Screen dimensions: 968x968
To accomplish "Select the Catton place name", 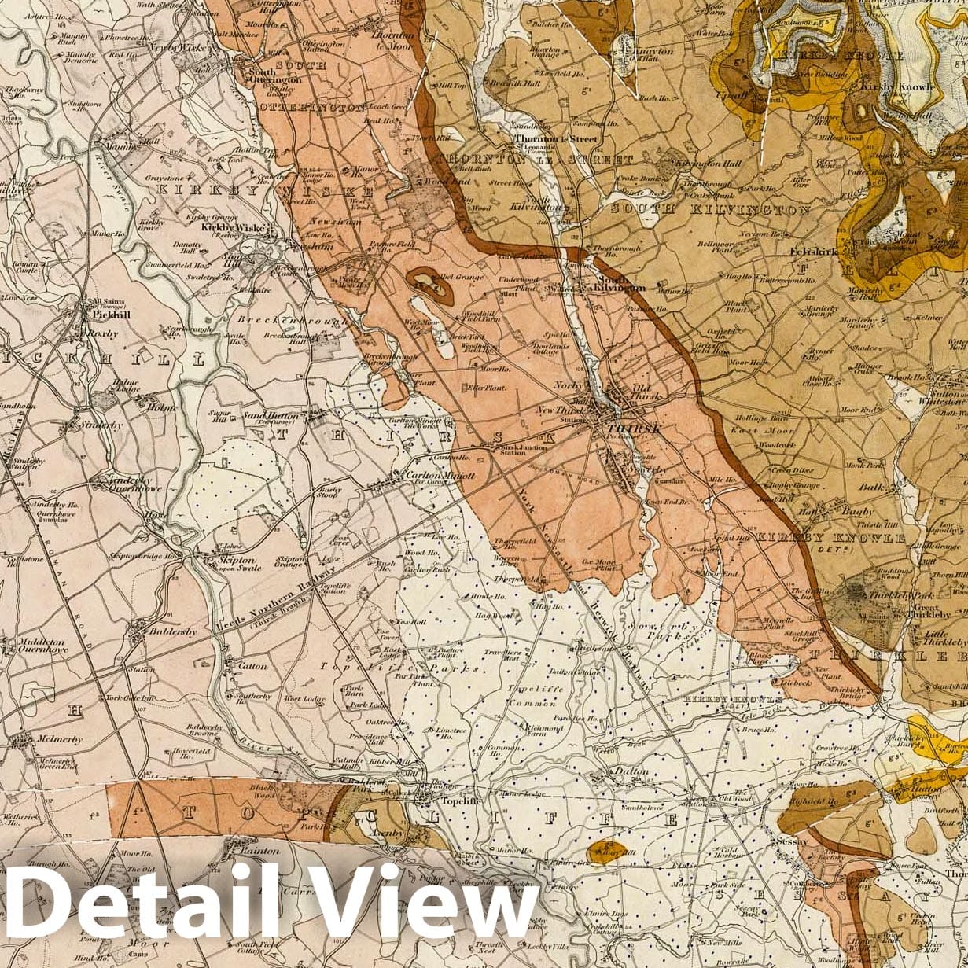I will [252, 666].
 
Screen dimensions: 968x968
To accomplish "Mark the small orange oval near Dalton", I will [607, 851].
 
